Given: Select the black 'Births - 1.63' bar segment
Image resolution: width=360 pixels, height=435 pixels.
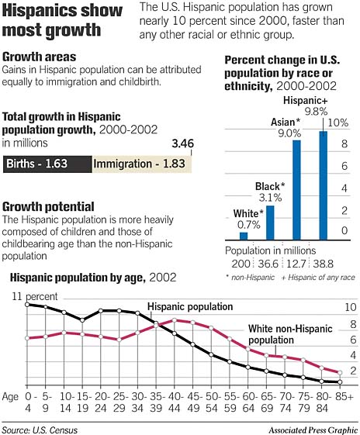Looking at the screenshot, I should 47,164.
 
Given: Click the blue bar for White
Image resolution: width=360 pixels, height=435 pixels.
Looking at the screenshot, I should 243,236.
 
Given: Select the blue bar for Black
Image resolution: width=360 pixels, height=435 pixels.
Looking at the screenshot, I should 270,223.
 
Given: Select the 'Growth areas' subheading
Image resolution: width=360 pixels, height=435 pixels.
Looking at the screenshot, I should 40,57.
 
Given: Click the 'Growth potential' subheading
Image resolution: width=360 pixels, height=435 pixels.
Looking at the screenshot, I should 49,207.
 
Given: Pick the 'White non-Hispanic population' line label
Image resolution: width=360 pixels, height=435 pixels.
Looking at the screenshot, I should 282,334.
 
